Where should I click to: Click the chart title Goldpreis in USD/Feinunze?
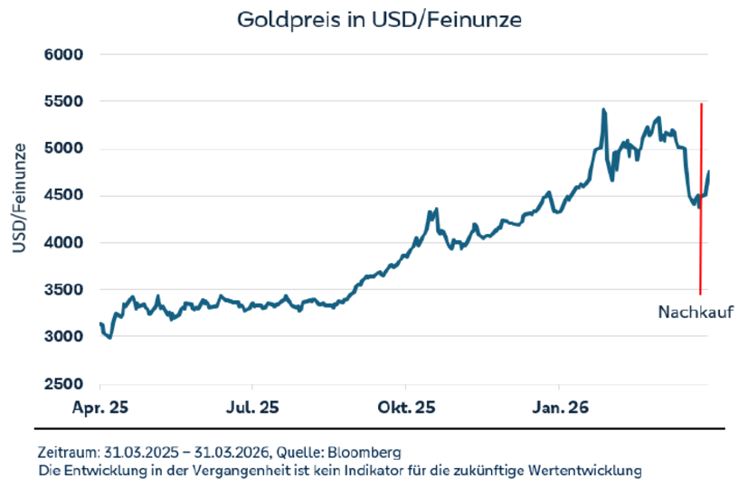379,19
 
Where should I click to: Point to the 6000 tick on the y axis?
64,54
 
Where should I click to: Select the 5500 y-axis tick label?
64,101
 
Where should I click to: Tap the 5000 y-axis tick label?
64,148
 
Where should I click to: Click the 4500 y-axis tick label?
64,195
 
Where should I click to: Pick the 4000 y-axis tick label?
64,242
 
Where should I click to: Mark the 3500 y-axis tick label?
64,289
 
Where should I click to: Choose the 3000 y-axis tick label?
64,336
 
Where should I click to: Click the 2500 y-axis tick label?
64,383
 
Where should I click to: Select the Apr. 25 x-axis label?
99,407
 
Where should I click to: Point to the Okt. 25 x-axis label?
406,407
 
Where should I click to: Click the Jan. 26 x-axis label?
558,407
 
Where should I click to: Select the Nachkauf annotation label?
694,313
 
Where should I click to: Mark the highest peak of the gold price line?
603,110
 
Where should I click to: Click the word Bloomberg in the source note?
369,452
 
